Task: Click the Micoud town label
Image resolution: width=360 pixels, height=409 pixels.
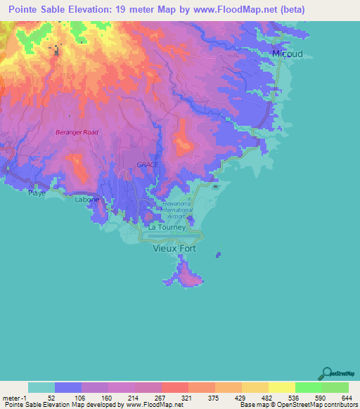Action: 287,54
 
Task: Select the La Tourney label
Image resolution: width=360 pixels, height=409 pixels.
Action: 167,227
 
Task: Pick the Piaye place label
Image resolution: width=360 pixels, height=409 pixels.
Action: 37,192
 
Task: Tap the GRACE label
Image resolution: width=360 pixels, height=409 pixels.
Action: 147,164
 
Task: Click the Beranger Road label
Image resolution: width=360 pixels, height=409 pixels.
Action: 77,132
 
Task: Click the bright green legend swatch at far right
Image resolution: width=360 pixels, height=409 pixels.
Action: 335,387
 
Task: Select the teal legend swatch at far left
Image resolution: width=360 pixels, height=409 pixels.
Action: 41,387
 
